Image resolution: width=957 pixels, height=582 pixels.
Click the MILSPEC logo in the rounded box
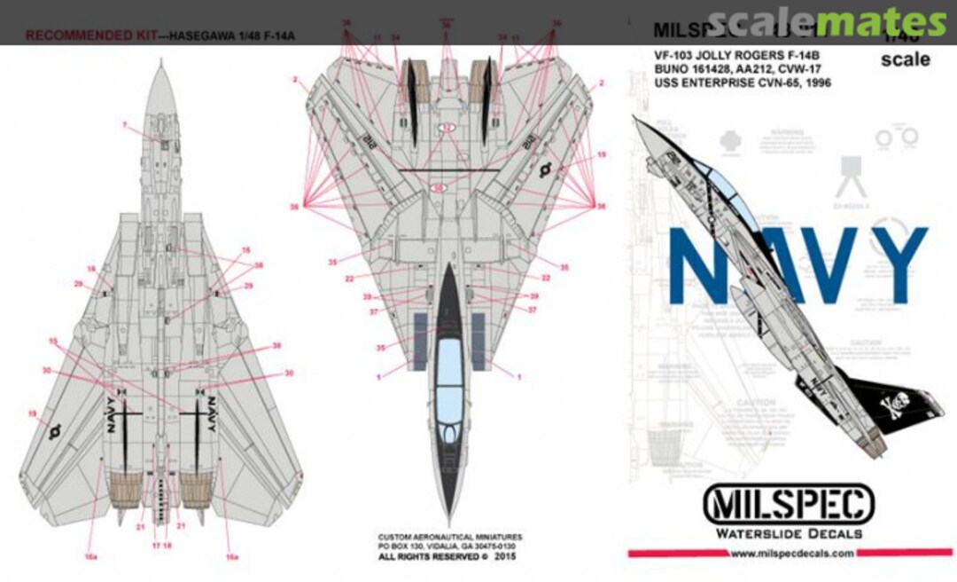788,506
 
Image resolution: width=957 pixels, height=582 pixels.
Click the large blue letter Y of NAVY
896,255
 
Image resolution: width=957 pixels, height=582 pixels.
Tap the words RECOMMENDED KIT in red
72,36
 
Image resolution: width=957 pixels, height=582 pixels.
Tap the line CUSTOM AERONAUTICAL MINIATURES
449,537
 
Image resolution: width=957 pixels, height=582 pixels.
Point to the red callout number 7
125,124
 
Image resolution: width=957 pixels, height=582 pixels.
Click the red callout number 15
53,341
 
